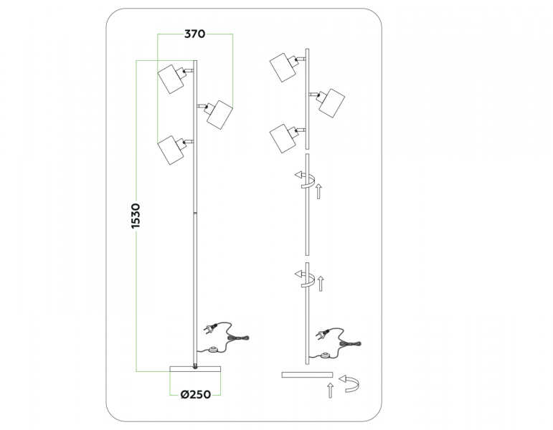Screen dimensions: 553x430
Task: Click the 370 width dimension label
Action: point(194,34)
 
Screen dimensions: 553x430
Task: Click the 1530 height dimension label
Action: point(136,216)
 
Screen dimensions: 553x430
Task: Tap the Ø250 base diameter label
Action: point(196,394)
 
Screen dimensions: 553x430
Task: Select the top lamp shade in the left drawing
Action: point(171,79)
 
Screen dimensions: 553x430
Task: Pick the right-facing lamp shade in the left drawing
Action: point(219,115)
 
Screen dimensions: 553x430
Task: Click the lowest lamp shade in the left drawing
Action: point(171,150)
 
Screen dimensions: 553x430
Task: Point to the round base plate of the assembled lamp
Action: point(195,368)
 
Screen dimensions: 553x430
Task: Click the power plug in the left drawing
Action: point(210,329)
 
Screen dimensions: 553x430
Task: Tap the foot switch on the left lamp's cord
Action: point(213,350)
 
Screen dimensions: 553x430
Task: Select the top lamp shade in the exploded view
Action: point(283,67)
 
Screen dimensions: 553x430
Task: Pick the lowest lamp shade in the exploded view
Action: point(283,138)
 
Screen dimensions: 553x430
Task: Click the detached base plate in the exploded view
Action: point(307,374)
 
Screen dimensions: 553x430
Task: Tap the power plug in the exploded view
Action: point(323,333)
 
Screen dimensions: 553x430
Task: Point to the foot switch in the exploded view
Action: point(326,355)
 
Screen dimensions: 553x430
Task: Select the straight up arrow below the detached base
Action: point(330,391)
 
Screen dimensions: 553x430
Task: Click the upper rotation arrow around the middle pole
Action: point(306,179)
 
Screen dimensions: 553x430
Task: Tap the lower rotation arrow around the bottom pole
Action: point(306,279)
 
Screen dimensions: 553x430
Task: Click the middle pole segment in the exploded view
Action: point(308,204)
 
